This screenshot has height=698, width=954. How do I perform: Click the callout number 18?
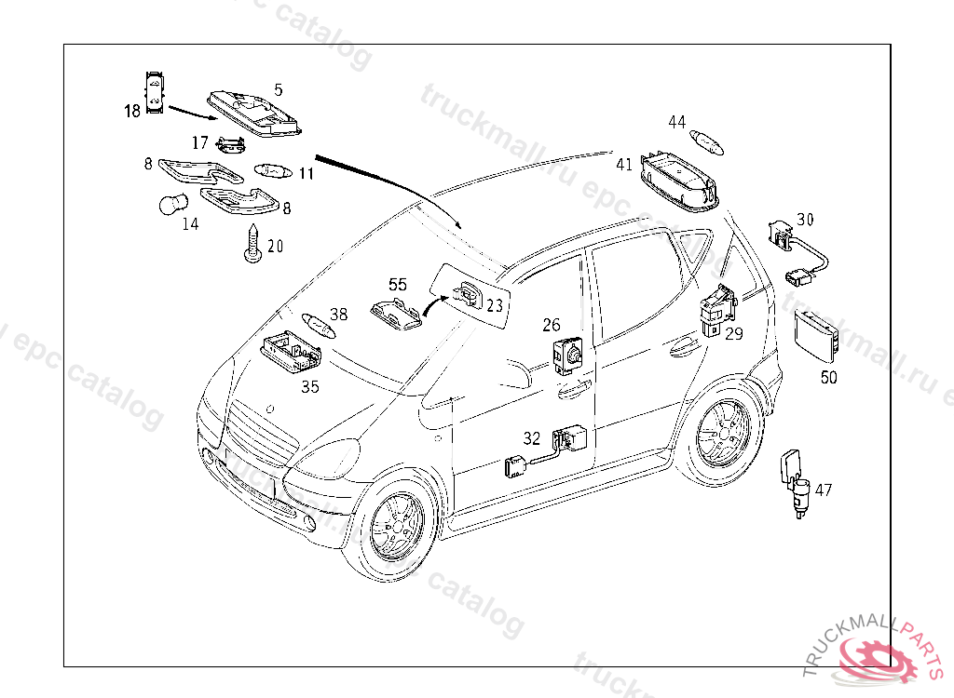pos(131,112)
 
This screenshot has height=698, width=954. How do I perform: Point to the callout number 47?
pos(824,490)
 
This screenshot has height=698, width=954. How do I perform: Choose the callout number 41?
pos(624,165)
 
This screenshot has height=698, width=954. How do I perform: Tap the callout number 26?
pos(552,325)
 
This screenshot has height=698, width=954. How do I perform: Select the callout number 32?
pos(531,437)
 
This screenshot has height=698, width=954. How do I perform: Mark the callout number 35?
pos(310,386)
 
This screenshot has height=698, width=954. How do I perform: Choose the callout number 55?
pos(398,285)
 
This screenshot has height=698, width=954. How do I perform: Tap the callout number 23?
pos(495,305)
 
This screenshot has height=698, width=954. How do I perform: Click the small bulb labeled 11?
pos(273,172)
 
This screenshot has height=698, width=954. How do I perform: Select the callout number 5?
pos(278,90)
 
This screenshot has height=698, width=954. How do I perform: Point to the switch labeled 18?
pos(154,91)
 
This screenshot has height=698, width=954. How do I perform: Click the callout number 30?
pos(805,220)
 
